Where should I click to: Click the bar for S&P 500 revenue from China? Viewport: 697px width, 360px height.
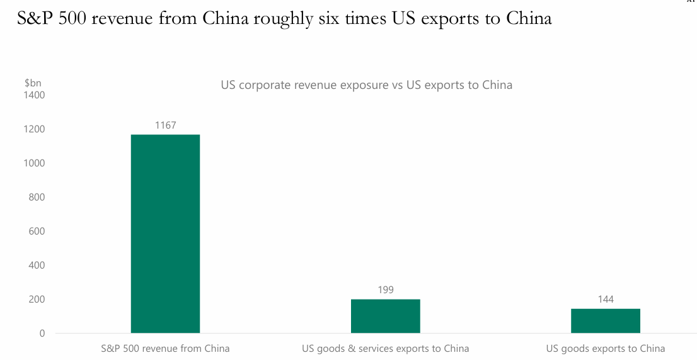tap(165, 233)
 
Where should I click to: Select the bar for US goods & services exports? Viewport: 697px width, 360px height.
tap(385, 316)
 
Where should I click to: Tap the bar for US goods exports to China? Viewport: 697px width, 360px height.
tap(605, 321)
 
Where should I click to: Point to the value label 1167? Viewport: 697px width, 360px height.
tap(165, 125)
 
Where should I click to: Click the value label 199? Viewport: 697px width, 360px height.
tap(385, 290)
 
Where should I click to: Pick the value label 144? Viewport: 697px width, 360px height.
tap(605, 299)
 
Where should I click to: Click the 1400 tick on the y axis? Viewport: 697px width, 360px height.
tap(35, 95)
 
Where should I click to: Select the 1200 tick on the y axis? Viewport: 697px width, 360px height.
tap(35, 129)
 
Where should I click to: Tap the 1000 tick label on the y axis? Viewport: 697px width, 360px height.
tap(35, 163)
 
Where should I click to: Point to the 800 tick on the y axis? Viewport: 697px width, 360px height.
tap(37, 197)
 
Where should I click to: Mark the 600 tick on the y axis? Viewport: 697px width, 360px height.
tap(37, 231)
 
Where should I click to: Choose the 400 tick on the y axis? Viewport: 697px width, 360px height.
tap(37, 265)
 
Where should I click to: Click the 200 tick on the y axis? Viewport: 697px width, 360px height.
tap(37, 299)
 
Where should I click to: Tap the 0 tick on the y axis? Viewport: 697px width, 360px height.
tap(42, 334)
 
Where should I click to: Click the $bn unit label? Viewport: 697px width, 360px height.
tap(33, 83)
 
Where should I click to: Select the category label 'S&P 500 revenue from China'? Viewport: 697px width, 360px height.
tap(165, 349)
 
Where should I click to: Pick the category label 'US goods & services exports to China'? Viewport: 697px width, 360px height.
tap(385, 349)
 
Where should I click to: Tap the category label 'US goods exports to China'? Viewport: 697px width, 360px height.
tap(605, 349)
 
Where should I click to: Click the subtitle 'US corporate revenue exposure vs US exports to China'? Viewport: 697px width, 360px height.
tap(366, 84)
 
